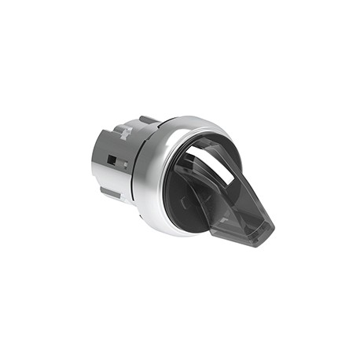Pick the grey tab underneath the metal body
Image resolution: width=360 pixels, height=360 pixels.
(111, 192)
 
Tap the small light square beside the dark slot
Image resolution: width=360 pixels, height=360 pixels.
(123, 164)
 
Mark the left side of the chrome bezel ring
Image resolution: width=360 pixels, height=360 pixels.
(141, 177)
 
